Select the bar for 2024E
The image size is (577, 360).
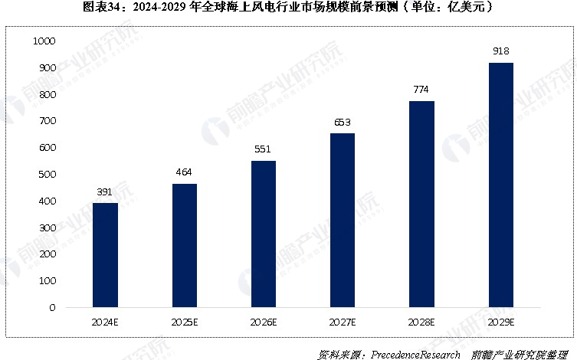coord(105,255)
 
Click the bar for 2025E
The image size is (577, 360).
coord(185,245)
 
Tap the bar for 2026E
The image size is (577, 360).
coord(264,234)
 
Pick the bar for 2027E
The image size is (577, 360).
coord(343,221)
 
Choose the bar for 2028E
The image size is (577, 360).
coord(421,205)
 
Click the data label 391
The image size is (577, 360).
coord(105,191)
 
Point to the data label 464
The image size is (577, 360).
coord(185,172)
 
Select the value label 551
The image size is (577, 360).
coord(264,149)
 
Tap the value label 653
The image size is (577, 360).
coord(343,122)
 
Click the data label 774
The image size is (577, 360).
coord(421,90)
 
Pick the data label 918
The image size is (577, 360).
coord(500,51)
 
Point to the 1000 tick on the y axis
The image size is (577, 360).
coord(44,41)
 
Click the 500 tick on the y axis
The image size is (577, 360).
coord(47,175)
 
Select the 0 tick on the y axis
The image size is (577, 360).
coord(52,308)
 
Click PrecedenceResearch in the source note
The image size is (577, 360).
coord(416,354)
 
